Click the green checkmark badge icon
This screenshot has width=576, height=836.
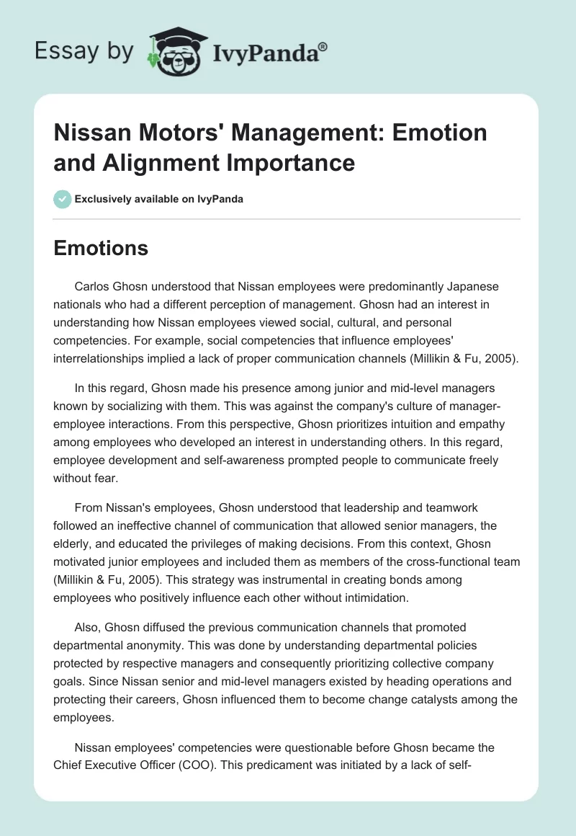(62, 199)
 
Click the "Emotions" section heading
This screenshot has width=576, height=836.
(101, 249)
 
